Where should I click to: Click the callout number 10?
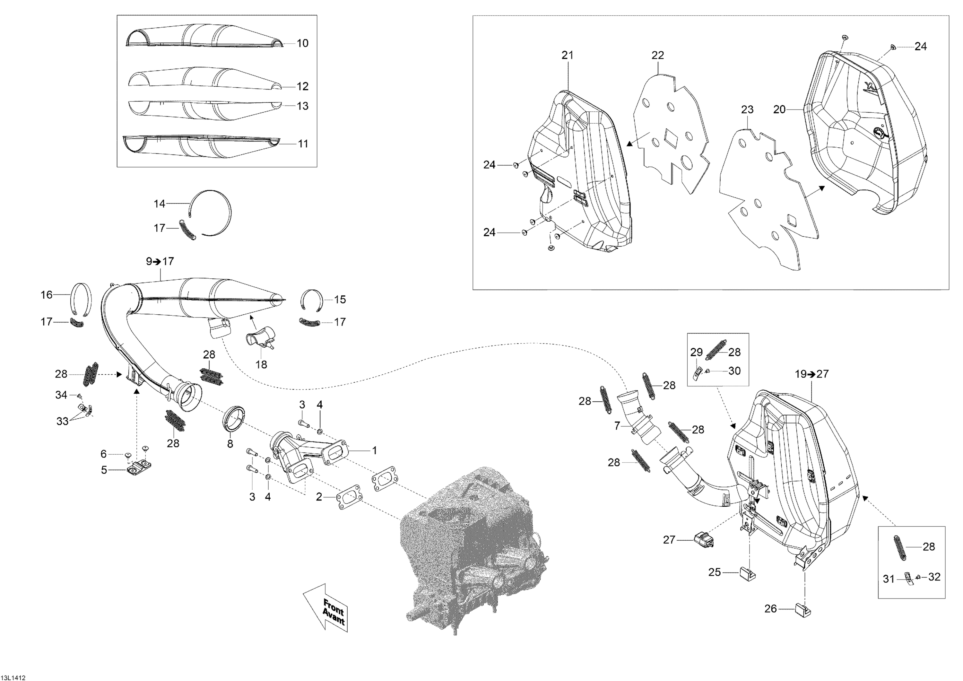pyautogui.click(x=302, y=43)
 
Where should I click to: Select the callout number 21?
pyautogui.click(x=568, y=55)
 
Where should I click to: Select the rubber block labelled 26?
pyautogui.click(x=802, y=608)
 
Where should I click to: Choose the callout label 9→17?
pyautogui.click(x=160, y=261)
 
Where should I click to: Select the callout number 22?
pyautogui.click(x=658, y=55)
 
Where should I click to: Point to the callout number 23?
pyautogui.click(x=747, y=109)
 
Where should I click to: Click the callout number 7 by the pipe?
pyautogui.click(x=617, y=426)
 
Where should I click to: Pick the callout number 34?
pyautogui.click(x=61, y=395)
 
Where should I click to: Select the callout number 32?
pyautogui.click(x=934, y=577)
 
